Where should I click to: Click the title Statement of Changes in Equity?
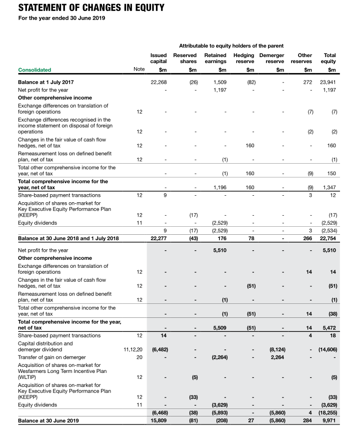coord(91,8)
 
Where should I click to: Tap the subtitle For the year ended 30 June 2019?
coord(61,19)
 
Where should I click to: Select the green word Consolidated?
coord(34,70)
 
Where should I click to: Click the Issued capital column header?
coord(158,58)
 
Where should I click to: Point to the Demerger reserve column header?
coord(271,58)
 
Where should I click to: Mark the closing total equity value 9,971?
coord(329,420)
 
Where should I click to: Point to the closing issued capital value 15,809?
coord(158,420)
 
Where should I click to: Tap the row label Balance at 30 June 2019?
coord(48,420)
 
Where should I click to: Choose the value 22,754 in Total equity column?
coord(328,238)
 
